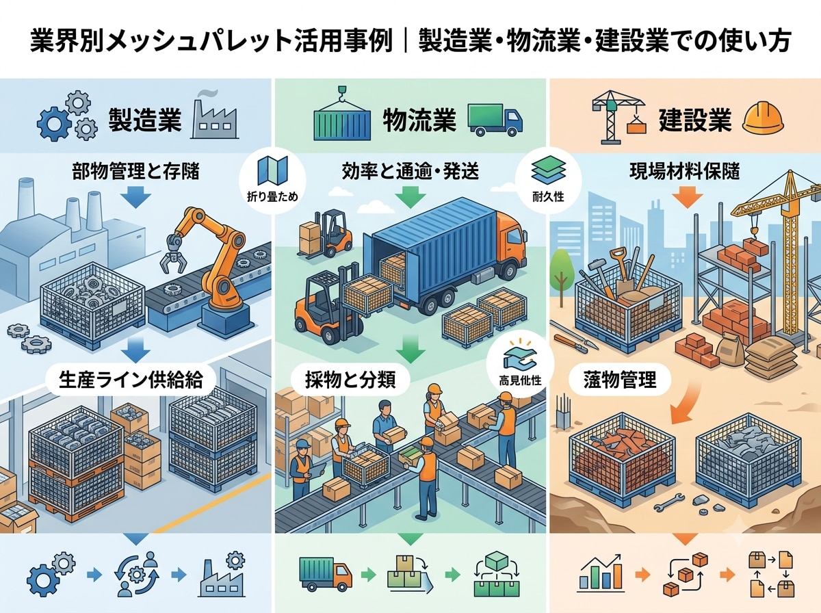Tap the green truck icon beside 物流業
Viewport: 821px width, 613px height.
click(x=495, y=120)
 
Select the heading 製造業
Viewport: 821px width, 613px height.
click(x=145, y=120)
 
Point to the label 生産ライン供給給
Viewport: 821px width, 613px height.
click(x=131, y=380)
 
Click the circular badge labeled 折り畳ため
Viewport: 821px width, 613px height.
click(x=272, y=181)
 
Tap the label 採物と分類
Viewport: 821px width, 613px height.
click(x=350, y=380)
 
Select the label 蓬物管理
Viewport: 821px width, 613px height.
click(x=620, y=380)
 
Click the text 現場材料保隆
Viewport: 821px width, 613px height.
click(x=684, y=172)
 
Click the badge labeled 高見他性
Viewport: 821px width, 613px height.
click(x=520, y=367)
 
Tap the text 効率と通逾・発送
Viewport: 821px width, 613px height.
click(x=410, y=172)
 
